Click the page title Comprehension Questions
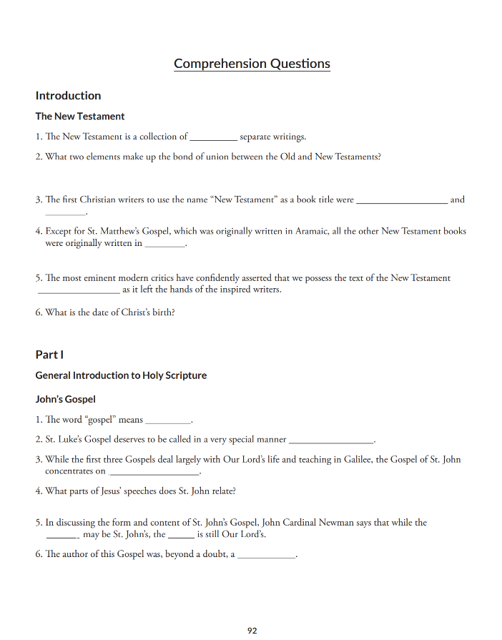click(x=252, y=64)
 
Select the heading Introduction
click(x=68, y=96)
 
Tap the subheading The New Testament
click(x=80, y=117)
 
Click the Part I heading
click(x=49, y=355)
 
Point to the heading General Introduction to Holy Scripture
click(x=121, y=375)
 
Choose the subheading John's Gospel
click(x=65, y=399)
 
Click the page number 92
click(x=252, y=631)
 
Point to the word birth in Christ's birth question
click(x=162, y=312)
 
